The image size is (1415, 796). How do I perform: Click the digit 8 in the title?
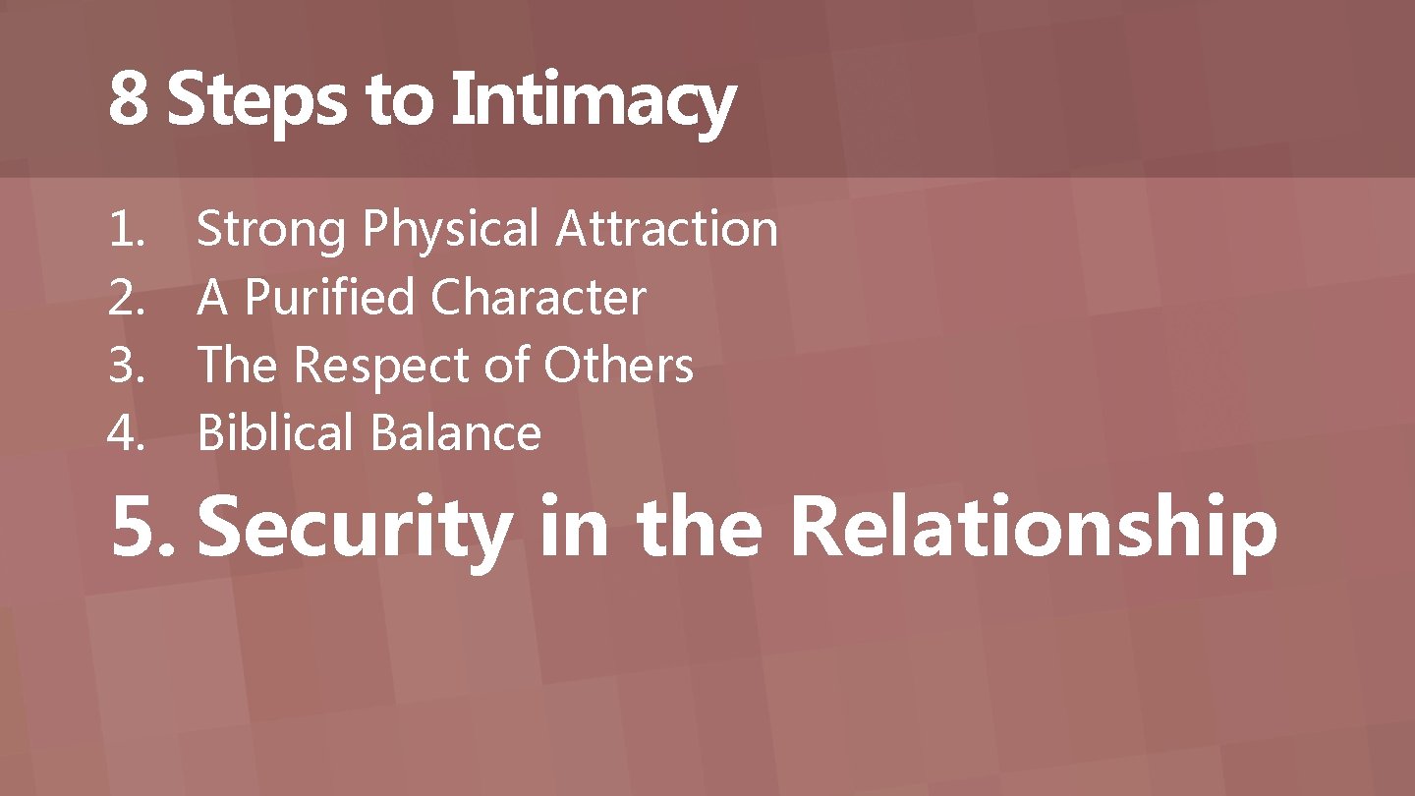pyautogui.click(x=128, y=99)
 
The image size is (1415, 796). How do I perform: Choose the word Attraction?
pyautogui.click(x=667, y=229)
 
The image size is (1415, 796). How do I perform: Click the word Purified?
pyautogui.click(x=329, y=298)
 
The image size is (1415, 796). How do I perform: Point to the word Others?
pyautogui.click(x=619, y=366)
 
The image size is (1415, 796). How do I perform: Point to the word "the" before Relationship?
pyautogui.click(x=699, y=528)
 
